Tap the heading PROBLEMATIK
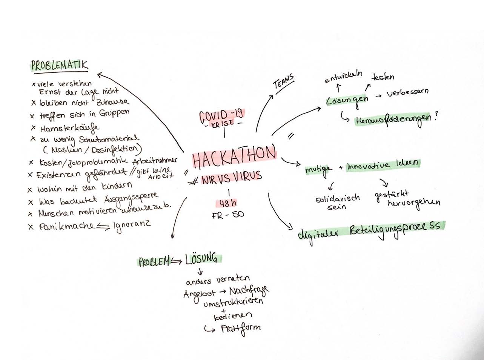[59, 65]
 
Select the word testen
[383, 77]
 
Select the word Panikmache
[66, 227]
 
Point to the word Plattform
[241, 328]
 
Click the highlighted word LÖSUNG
[201, 259]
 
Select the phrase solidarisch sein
[337, 202]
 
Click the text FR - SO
[228, 215]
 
